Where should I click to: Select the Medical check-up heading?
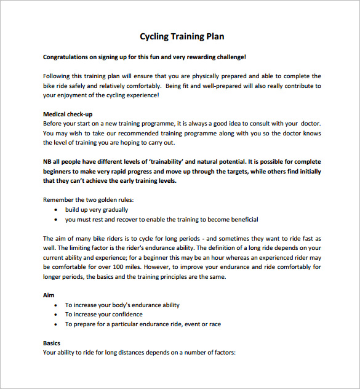(68, 114)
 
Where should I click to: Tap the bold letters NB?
(47, 162)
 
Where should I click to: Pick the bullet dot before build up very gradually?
(57, 210)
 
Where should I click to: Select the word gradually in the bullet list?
(114, 210)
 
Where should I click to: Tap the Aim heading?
(49, 295)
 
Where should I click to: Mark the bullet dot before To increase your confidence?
(57, 315)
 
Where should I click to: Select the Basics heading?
(52, 343)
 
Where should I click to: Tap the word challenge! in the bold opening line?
(228, 57)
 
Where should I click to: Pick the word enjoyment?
(74, 95)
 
